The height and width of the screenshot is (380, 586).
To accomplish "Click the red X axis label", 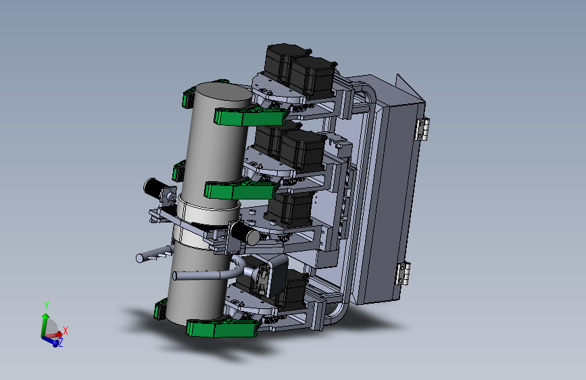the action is coord(66,331).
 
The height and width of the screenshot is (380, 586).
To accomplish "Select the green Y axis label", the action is coord(47,306).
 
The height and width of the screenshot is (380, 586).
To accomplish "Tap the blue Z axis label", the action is coord(61,342).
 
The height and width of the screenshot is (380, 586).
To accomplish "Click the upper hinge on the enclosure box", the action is coord(422,128).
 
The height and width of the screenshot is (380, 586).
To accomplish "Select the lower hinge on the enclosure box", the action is coord(404,274).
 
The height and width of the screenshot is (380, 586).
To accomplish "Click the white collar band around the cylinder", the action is coord(206,220).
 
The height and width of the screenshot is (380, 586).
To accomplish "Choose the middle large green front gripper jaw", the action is coord(241,189).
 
